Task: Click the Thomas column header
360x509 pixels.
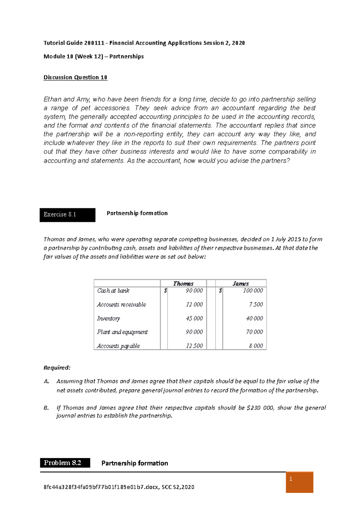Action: (x=183, y=283)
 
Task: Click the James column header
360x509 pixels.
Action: (x=241, y=283)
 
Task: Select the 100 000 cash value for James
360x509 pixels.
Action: (x=253, y=290)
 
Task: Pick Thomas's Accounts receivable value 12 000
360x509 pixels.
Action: (x=194, y=304)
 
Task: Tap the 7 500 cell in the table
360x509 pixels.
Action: (x=256, y=304)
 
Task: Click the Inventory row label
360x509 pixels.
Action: (x=108, y=318)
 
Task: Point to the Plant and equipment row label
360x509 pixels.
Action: (x=122, y=332)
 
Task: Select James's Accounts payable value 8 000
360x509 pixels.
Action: (x=256, y=346)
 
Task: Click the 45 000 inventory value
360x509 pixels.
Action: (x=194, y=318)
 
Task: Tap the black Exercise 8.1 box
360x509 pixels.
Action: (x=67, y=215)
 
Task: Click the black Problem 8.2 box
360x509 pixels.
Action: (x=65, y=463)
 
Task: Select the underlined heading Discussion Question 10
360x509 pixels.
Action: (x=75, y=77)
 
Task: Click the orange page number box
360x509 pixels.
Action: (x=299, y=482)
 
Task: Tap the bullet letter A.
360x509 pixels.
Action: (x=46, y=381)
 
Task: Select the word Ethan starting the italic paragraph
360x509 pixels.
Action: (x=52, y=99)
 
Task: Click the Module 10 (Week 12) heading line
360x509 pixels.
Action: (x=94, y=56)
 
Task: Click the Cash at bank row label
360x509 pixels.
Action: (x=113, y=290)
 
